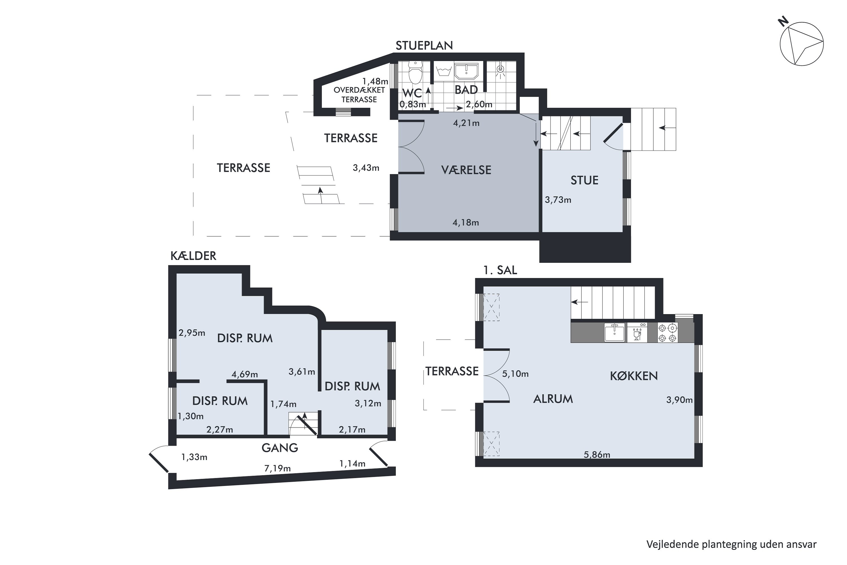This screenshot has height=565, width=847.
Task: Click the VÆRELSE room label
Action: click(x=466, y=170)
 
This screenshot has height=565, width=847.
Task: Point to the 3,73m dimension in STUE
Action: click(x=558, y=200)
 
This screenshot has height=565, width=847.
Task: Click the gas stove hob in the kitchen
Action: click(x=668, y=333)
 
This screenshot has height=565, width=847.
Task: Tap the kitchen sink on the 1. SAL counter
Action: click(x=614, y=332)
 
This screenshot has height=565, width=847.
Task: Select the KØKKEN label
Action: click(x=634, y=376)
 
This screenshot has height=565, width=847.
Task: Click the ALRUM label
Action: click(x=553, y=399)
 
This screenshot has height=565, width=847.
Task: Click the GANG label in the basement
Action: click(x=280, y=448)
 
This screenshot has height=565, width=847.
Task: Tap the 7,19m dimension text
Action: click(x=278, y=468)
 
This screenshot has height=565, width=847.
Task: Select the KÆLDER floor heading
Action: click(x=193, y=256)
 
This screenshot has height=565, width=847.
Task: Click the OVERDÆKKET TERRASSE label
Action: click(x=359, y=95)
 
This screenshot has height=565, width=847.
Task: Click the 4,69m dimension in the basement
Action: click(x=245, y=374)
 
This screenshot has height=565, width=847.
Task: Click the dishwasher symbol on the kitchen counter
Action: click(x=637, y=333)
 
